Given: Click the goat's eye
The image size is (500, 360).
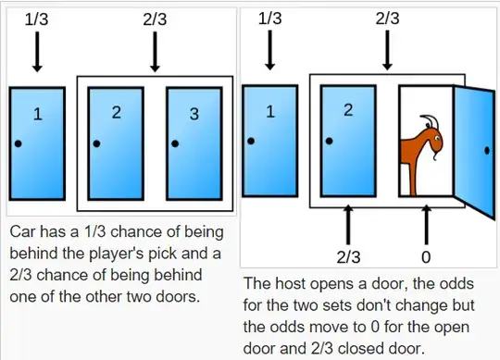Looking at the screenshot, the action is tap(437, 138).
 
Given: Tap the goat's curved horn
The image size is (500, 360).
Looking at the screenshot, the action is tap(432, 120).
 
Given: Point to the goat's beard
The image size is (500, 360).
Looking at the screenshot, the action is tap(434, 156).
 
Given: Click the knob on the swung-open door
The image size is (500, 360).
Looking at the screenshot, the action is tap(487, 151).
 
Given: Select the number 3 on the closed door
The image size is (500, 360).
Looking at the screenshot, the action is tap(194, 114).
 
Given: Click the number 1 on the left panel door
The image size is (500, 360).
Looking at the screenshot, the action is tap(38, 114).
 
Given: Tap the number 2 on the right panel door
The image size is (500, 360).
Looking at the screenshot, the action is tap(348, 110).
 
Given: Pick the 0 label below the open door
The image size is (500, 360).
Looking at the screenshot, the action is tap(426, 256).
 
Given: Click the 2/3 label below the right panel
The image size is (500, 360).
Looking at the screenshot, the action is tap(348, 256).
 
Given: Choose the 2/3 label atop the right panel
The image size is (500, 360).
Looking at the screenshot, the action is tap(387, 19).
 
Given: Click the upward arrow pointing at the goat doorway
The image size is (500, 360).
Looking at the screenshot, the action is tap(426, 225).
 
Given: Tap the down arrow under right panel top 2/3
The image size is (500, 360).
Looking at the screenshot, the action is tap(387, 50).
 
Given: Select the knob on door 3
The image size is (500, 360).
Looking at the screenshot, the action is tap(175, 143).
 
